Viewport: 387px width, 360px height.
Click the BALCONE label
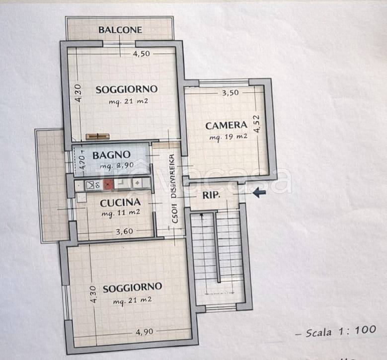tap(120, 30)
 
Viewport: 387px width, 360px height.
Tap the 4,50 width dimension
tap(141, 55)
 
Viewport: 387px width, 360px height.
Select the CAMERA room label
tap(226, 125)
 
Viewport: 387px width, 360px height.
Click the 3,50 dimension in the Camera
tap(230, 92)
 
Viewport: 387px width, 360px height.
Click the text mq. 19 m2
tap(228, 137)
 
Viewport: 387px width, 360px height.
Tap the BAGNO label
tap(111, 154)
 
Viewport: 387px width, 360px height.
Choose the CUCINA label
tap(120, 203)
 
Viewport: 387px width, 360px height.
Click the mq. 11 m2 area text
tap(120, 213)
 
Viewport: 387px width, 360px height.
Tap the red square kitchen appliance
tap(108, 184)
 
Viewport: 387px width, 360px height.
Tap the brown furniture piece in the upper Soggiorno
tap(97, 136)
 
